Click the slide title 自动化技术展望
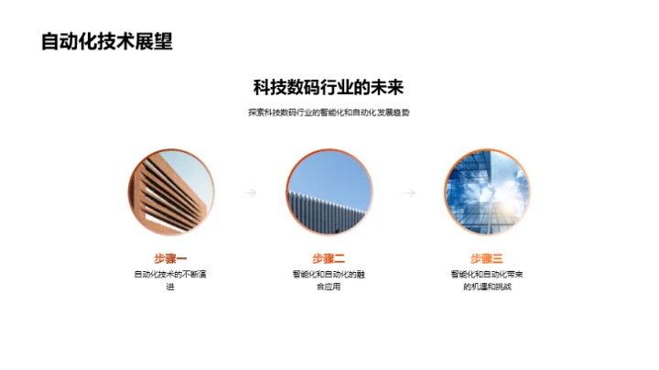pyautogui.click(x=107, y=42)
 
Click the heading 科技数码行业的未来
pyautogui.click(x=329, y=89)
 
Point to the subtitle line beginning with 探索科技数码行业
pyautogui.click(x=329, y=113)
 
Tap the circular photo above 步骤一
pyautogui.click(x=170, y=192)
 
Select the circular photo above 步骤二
pyautogui.click(x=329, y=192)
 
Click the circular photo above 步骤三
pyautogui.click(x=487, y=192)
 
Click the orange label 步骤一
pyautogui.click(x=170, y=258)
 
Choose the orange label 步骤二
pyautogui.click(x=329, y=258)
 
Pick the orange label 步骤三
pyautogui.click(x=487, y=258)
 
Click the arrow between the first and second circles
pyautogui.click(x=249, y=193)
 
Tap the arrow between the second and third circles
pyautogui.click(x=409, y=193)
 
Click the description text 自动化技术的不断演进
pyautogui.click(x=170, y=280)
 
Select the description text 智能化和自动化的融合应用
pyautogui.click(x=329, y=280)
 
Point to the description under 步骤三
pyautogui.click(x=487, y=280)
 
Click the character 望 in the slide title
pyautogui.click(x=163, y=42)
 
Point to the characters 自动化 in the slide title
pyautogui.click(x=70, y=42)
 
